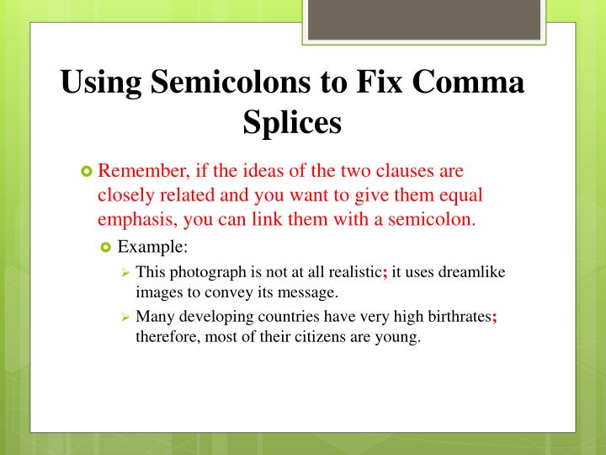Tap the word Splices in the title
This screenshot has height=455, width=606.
pos(292,123)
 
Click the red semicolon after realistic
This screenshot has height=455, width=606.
pos(385,272)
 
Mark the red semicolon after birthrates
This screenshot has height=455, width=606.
pos(495,318)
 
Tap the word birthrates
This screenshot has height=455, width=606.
pos(454,318)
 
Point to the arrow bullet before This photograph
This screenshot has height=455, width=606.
pos(124,272)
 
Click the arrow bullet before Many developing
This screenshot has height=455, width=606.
pos(124,318)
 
